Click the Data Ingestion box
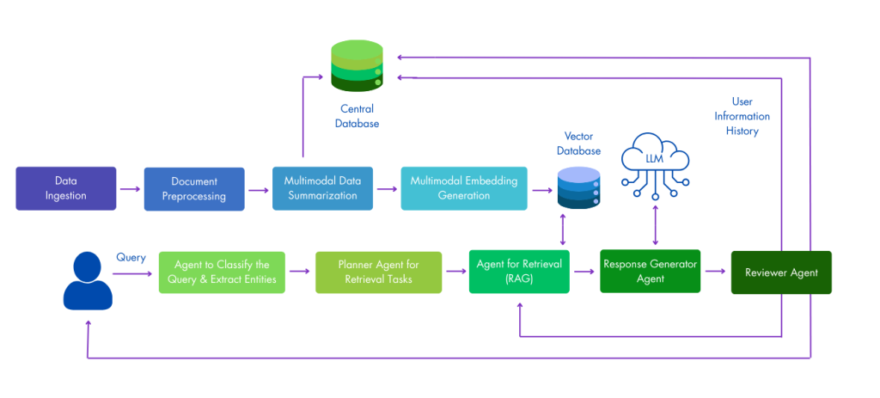(x=65, y=188)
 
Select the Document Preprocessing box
(x=194, y=189)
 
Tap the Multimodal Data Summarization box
(x=322, y=188)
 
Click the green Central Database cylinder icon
(x=357, y=66)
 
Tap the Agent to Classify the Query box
(x=221, y=272)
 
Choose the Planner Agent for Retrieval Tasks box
(x=378, y=272)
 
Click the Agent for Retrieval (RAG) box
(x=519, y=272)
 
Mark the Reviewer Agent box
(x=781, y=272)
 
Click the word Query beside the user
(x=131, y=257)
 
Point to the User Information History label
(x=742, y=116)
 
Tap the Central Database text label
(x=357, y=116)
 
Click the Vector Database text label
(x=578, y=144)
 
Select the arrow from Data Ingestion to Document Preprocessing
(x=129, y=189)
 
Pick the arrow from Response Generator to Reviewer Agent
(x=715, y=272)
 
